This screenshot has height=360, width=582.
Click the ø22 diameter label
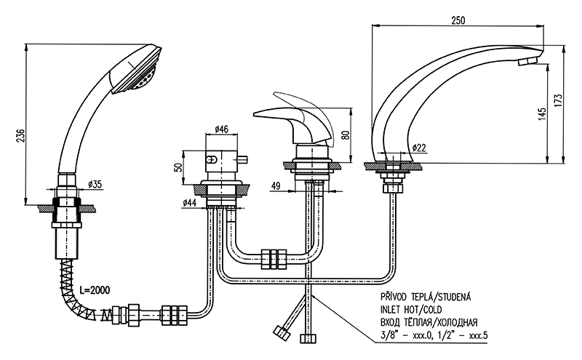click(x=418, y=148)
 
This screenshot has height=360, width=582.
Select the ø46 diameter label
click(x=222, y=130)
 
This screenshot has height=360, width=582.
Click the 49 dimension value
click(x=275, y=185)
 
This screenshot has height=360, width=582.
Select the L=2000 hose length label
click(x=96, y=289)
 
